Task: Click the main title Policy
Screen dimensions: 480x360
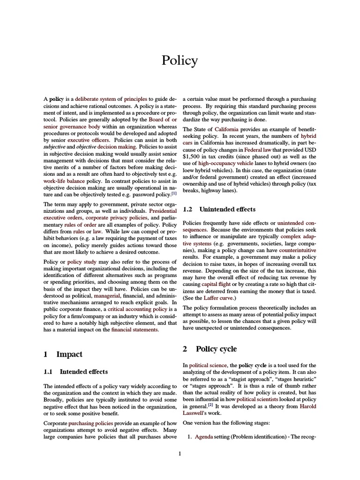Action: tap(180, 61)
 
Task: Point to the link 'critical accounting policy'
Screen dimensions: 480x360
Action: tap(138, 309)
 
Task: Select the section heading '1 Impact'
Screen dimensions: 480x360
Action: tap(63, 355)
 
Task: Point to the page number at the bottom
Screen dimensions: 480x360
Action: tap(180, 453)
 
